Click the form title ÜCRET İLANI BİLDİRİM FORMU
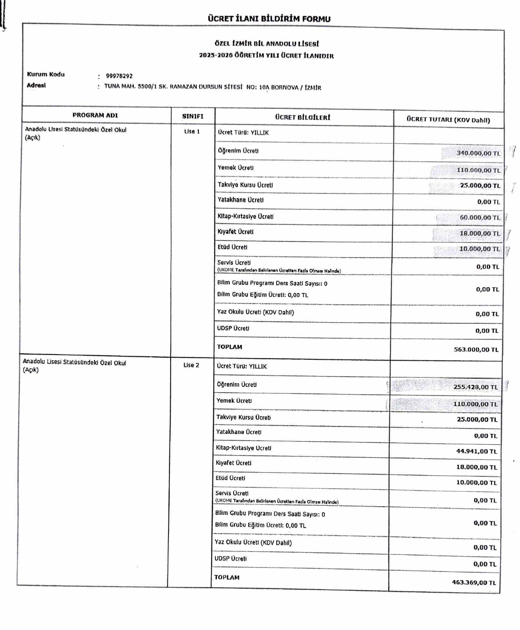pyautogui.click(x=269, y=19)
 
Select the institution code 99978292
pyautogui.click(x=119, y=76)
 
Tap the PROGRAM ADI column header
pyautogui.click(x=95, y=115)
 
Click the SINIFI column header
pyautogui.click(x=193, y=116)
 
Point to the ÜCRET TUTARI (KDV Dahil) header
pyautogui.click(x=448, y=119)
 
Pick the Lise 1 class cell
pyautogui.click(x=192, y=132)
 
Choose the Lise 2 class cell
pyautogui.click(x=191, y=365)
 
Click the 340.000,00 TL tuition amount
pyautogui.click(x=478, y=153)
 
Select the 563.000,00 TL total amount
pyautogui.click(x=476, y=350)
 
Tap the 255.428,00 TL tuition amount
pyautogui.click(x=475, y=387)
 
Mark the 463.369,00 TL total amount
pyautogui.click(x=473, y=583)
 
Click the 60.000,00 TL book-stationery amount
pyautogui.click(x=480, y=217)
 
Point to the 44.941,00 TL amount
pyautogui.click(x=476, y=451)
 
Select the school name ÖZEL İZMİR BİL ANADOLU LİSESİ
pyautogui.click(x=267, y=44)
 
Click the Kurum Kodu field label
pyautogui.click(x=46, y=74)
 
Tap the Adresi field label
pyautogui.click(x=36, y=85)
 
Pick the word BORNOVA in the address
pyautogui.click(x=284, y=87)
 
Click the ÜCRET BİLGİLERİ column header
pyautogui.click(x=302, y=117)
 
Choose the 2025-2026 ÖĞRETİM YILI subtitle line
pyautogui.click(x=266, y=56)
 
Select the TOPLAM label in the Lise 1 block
pyautogui.click(x=229, y=347)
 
